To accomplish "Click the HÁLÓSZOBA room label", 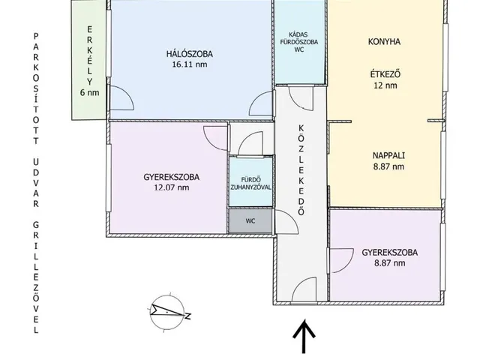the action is pyautogui.click(x=190, y=54).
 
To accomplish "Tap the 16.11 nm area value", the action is pyautogui.click(x=190, y=64).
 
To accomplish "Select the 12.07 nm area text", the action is pyautogui.click(x=172, y=187).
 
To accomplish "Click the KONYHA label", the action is pyautogui.click(x=384, y=42).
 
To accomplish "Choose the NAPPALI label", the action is pyautogui.click(x=388, y=155).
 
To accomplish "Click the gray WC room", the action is pyautogui.click(x=250, y=221).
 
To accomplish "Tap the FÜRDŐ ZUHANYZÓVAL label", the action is pyautogui.click(x=250, y=183).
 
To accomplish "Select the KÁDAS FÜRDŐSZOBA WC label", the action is pyautogui.click(x=299, y=42).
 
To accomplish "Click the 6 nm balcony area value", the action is pyautogui.click(x=90, y=92).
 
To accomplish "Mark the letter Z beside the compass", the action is pyautogui.click(x=187, y=316).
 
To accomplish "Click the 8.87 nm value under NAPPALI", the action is pyautogui.click(x=388, y=166).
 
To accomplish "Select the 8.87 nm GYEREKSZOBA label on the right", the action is pyautogui.click(x=389, y=258).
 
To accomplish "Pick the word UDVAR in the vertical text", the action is pyautogui.click(x=36, y=183).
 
